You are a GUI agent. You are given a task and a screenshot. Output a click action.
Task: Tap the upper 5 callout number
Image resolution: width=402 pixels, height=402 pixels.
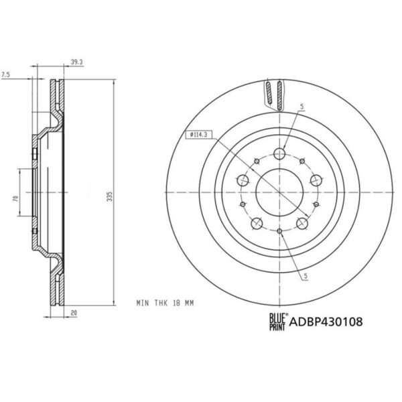click(303, 107)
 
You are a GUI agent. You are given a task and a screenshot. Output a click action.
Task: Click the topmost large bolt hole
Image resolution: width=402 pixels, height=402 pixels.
click(281, 153)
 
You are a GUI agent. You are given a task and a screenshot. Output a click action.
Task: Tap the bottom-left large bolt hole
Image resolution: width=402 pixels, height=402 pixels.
click(256, 224)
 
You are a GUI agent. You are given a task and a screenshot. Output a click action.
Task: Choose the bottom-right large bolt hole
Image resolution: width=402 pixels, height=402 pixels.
click(304, 224)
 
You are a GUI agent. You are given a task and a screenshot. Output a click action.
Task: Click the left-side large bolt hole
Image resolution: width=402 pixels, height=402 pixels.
click(242, 180)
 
